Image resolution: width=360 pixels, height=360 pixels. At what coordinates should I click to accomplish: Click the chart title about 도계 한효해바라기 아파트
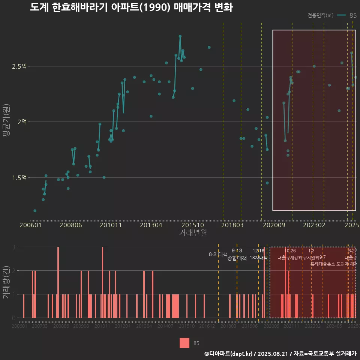click(x=131, y=7)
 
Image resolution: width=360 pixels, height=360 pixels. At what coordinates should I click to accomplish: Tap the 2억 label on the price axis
click(x=22, y=122)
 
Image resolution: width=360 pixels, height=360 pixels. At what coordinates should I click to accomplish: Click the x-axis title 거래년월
click(x=193, y=233)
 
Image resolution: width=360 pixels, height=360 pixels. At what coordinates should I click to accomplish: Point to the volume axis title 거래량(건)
click(x=6, y=282)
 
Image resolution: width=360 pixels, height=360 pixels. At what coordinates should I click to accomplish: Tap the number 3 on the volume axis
click(x=13, y=247)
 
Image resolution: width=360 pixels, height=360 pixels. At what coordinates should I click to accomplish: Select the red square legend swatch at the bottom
click(x=184, y=343)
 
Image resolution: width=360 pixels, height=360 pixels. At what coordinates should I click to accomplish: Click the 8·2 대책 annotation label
click(x=218, y=254)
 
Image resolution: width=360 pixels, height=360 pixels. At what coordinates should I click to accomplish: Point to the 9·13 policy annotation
click(x=237, y=251)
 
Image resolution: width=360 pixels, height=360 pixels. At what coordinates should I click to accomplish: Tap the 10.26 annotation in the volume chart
click(x=290, y=251)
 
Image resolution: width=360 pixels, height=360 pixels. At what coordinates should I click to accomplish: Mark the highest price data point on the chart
click(x=180, y=36)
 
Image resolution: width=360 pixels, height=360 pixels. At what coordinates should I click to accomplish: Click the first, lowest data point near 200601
click(x=35, y=211)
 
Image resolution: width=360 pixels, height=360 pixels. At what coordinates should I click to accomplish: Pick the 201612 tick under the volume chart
click(x=207, y=327)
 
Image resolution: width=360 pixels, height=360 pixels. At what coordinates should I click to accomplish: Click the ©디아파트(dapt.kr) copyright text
click(x=229, y=354)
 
